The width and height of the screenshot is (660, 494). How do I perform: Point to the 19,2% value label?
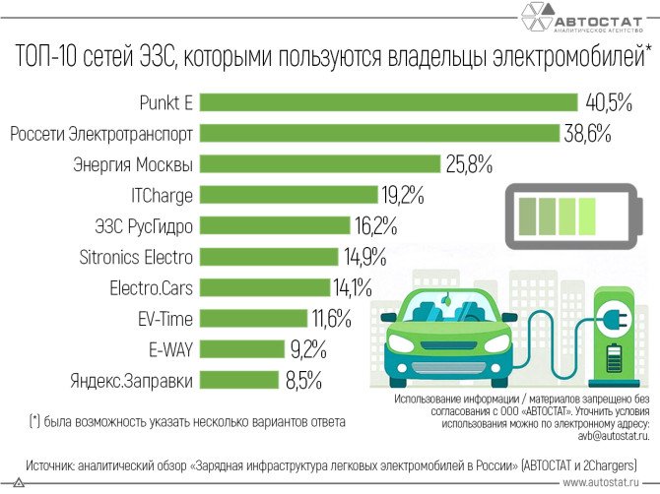point(405,195)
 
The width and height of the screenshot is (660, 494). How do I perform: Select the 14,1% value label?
point(352,287)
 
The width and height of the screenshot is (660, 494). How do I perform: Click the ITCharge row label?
point(162,195)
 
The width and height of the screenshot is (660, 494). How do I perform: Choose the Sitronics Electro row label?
point(136,257)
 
